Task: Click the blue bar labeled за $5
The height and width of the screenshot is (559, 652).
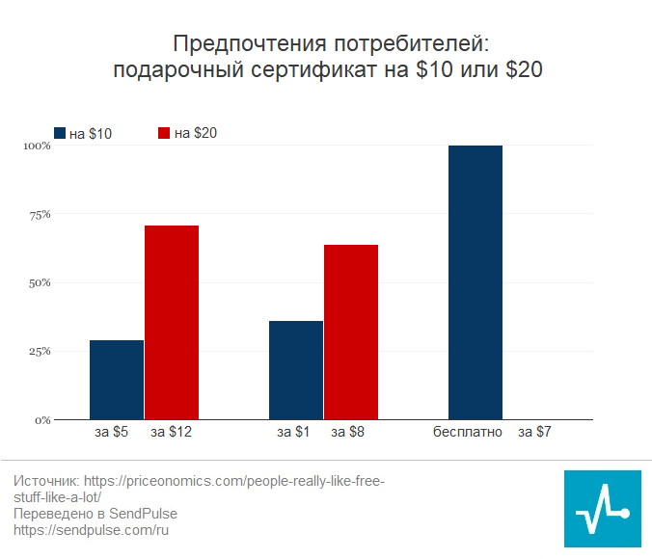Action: point(117,380)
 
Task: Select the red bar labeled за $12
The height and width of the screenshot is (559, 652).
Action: point(172,322)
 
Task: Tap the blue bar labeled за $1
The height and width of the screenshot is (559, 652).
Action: point(296,370)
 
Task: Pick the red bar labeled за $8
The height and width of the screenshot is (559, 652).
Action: point(351,332)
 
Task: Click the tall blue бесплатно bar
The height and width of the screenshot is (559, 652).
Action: point(475,282)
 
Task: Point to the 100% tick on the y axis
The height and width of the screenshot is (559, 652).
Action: point(37,146)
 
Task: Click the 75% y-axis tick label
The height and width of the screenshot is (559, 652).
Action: point(39,215)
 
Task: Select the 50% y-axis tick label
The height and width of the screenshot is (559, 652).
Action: point(39,283)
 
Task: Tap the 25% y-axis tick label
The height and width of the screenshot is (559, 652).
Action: point(39,352)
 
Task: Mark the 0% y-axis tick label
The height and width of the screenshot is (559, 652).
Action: point(41,420)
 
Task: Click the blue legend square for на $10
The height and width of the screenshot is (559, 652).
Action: point(59,134)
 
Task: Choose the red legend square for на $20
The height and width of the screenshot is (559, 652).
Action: point(164,134)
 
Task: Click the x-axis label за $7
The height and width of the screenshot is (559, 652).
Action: point(534,433)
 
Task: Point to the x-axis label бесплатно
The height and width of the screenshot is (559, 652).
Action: point(468,433)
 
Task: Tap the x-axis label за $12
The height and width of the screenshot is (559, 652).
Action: point(172,433)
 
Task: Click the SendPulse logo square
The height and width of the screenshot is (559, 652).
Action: point(602,509)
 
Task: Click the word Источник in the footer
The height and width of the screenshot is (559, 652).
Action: point(45,481)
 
